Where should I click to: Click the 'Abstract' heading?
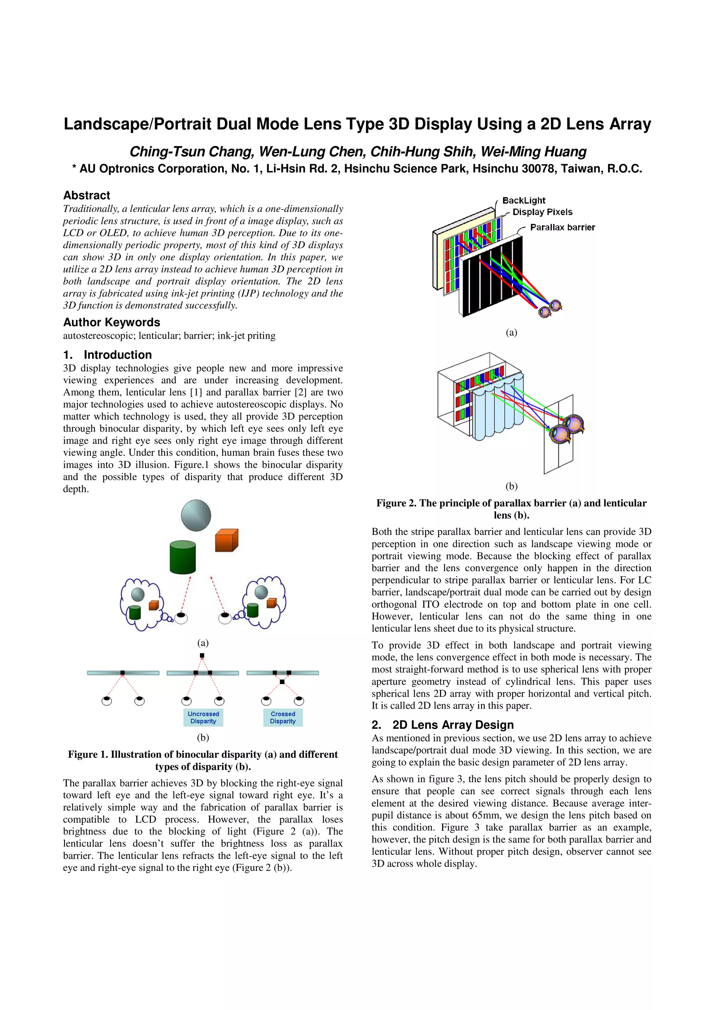(87, 195)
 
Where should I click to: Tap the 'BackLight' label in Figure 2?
(524, 201)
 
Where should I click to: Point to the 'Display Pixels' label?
(542, 212)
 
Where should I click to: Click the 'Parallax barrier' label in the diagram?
(562, 228)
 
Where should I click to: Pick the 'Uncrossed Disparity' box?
(203, 718)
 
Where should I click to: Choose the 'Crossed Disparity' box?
(283, 718)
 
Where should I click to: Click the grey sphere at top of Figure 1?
(196, 515)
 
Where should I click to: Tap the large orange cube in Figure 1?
(226, 541)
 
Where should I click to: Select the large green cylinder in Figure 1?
(183, 557)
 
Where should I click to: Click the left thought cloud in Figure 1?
(140, 604)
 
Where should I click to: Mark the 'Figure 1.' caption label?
(88, 755)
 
